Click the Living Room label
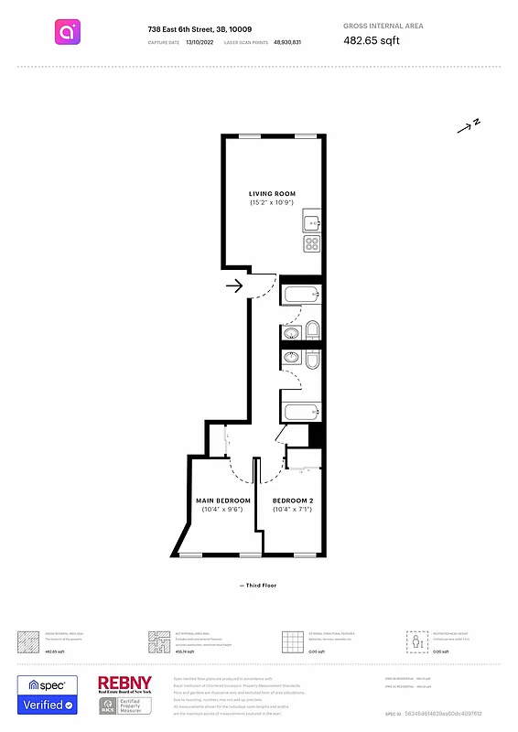[272, 193]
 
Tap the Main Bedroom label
[223, 501]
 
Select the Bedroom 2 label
[293, 501]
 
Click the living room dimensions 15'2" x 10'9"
[272, 203]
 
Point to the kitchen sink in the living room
[312, 222]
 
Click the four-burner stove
[312, 243]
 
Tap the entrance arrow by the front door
[233, 286]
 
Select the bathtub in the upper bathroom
[301, 295]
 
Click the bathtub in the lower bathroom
[301, 411]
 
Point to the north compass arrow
[469, 126]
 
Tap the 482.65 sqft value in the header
[372, 40]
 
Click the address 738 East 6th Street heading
[200, 29]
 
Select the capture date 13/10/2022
[198, 43]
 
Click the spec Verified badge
[48, 695]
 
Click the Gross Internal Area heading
[383, 27]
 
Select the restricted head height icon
[417, 640]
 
